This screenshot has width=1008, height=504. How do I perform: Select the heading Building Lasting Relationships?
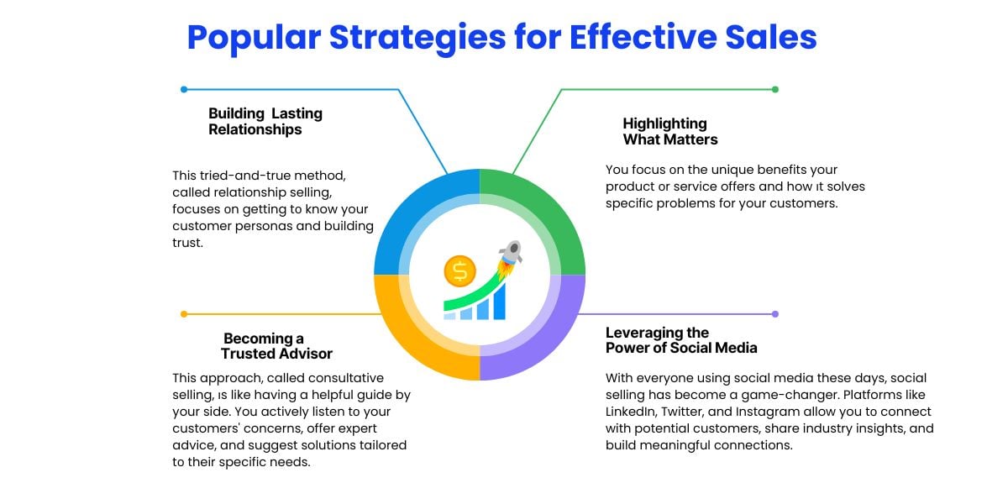[x=265, y=122]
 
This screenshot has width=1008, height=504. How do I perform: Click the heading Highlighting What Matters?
[x=670, y=131]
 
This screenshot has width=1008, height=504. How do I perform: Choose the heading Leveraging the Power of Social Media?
[x=681, y=340]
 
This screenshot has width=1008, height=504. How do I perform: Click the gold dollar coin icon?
[x=459, y=270]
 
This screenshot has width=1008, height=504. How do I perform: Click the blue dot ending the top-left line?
[x=184, y=89]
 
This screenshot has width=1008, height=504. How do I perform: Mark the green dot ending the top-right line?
[x=774, y=89]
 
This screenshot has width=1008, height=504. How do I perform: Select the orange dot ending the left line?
[x=184, y=314]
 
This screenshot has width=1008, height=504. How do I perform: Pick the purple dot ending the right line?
[x=774, y=314]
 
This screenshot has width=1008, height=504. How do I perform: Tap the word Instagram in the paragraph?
[x=791, y=412]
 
